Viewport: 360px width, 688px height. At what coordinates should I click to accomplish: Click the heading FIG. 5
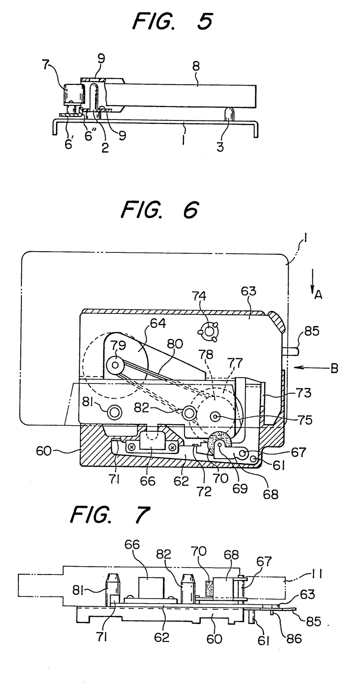pos(172,22)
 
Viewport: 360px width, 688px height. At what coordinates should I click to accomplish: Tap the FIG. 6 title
pos(160,210)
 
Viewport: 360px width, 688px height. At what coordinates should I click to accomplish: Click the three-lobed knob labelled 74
pos(209,332)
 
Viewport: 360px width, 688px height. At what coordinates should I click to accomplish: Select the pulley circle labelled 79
pos(116,365)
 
